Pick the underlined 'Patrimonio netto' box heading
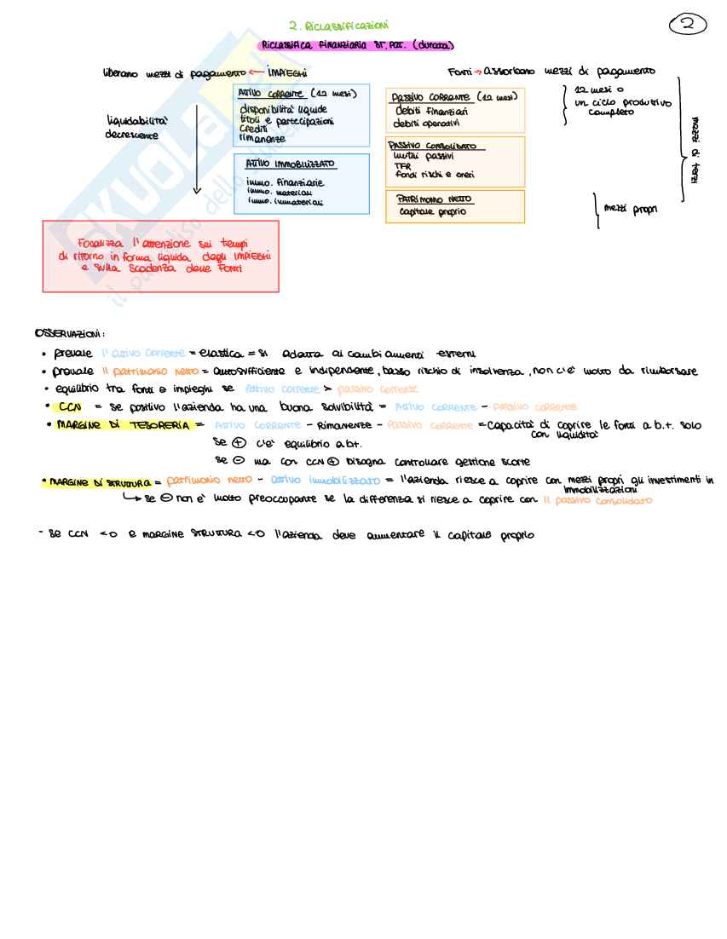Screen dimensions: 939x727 435,199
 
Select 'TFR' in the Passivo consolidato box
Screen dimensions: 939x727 403,166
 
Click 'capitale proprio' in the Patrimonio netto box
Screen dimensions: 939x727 432,212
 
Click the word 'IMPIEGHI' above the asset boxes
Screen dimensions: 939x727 287,73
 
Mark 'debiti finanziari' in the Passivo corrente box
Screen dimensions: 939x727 431,112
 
